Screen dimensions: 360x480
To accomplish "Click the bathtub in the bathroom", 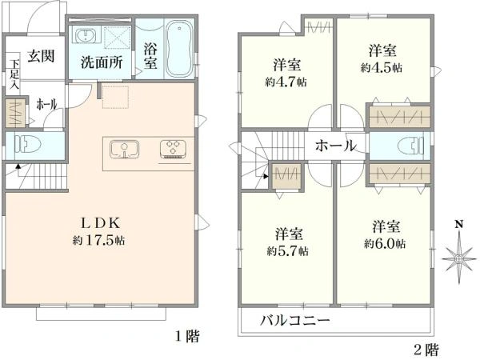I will click(x=178, y=50).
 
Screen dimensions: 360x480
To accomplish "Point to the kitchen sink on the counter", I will click(x=124, y=150).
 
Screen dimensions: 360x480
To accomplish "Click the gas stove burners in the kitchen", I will click(x=172, y=149).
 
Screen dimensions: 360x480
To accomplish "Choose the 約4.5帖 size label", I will click(x=381, y=67).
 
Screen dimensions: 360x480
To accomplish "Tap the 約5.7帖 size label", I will click(x=288, y=250).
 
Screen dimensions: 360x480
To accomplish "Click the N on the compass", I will click(x=459, y=224).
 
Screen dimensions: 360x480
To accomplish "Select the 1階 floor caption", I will click(x=186, y=337).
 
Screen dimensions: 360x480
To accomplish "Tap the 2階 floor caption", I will click(x=426, y=349).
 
